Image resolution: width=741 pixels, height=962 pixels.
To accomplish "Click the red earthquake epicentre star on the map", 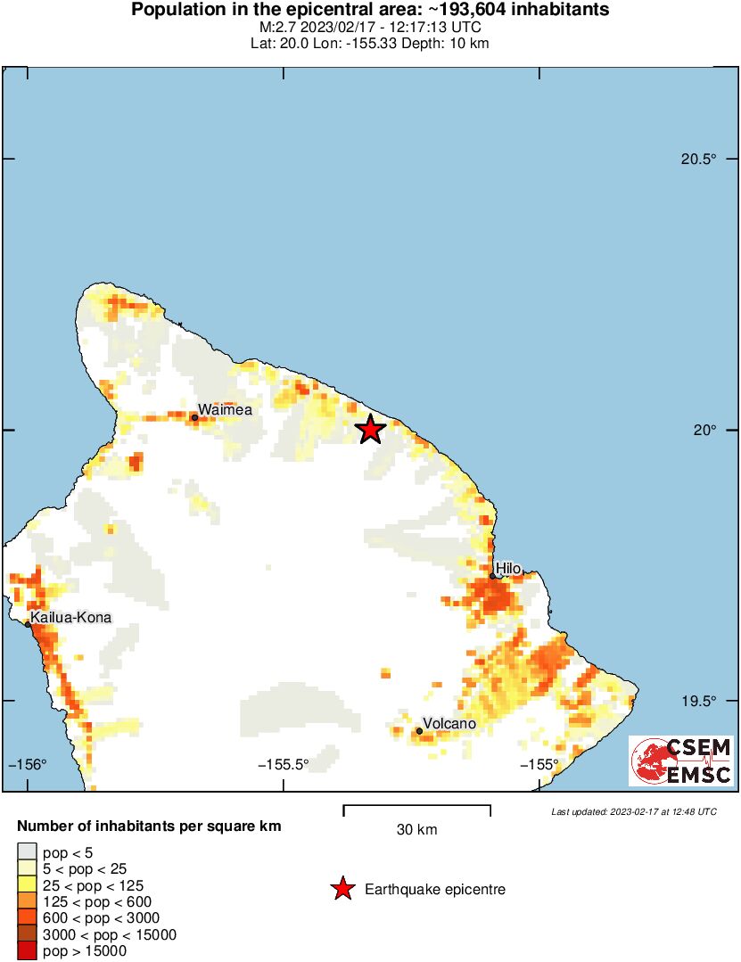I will coord(370,430).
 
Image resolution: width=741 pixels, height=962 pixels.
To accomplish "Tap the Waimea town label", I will coord(225,410).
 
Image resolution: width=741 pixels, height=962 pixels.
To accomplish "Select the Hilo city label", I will coord(507,569).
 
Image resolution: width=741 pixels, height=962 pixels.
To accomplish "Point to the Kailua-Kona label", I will coord(71,617).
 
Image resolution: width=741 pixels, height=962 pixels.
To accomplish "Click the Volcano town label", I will coord(449,724).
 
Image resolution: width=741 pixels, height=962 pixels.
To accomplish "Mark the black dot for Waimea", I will coord(194,417).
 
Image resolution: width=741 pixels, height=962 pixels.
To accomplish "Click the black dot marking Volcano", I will coord(419,731).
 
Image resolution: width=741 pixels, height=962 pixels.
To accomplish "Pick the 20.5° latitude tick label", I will coord(698,160).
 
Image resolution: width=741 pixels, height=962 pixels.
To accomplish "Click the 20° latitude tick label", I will coord(705,431).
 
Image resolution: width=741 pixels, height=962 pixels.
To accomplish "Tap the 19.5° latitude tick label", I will coord(698,702).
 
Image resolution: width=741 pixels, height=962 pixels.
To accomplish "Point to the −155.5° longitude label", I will coord(284,764).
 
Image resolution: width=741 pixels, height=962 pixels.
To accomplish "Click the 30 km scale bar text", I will coord(416,830).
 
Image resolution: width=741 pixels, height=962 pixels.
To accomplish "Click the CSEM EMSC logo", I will coord(681,761).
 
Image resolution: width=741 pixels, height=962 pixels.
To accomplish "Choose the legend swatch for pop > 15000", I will coord(27,951).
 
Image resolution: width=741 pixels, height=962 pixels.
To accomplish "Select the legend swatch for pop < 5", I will coord(27,854).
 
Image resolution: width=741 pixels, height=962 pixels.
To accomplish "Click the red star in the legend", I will coord(341,889).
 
